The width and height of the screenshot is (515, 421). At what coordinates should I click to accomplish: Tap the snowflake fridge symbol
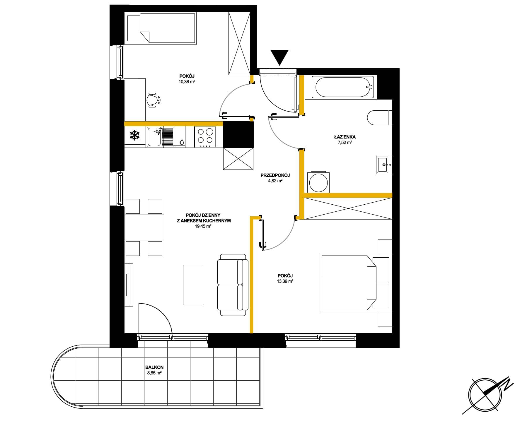point(135,135)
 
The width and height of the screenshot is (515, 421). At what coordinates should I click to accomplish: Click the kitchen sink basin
point(154,137)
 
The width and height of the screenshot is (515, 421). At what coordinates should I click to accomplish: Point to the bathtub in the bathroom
point(342,87)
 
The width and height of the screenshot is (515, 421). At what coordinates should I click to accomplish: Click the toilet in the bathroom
point(379,118)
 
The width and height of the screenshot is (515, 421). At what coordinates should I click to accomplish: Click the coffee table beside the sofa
point(193,285)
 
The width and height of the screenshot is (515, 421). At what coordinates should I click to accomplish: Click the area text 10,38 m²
point(187,82)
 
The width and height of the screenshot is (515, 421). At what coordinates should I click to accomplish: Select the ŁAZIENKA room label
point(345,137)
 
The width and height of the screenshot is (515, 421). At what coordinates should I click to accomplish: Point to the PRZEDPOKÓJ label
point(275,175)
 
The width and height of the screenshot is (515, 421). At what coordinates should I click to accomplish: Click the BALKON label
point(154,367)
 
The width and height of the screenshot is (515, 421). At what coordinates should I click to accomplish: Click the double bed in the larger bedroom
point(356,283)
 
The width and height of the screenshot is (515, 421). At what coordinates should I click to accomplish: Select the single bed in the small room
point(161,29)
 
